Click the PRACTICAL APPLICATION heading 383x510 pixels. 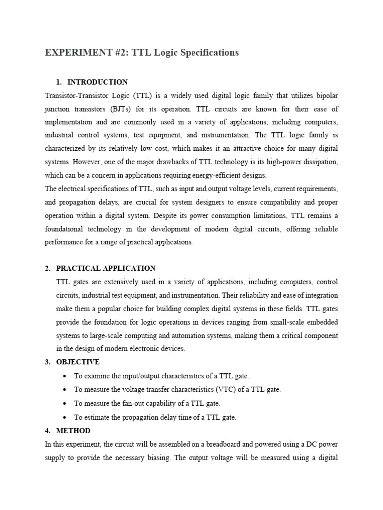point(106,268)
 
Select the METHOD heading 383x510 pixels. point(74,430)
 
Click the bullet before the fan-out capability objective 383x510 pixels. point(66,403)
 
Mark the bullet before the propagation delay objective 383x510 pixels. point(66,417)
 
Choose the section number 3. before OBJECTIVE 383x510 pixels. point(48,362)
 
